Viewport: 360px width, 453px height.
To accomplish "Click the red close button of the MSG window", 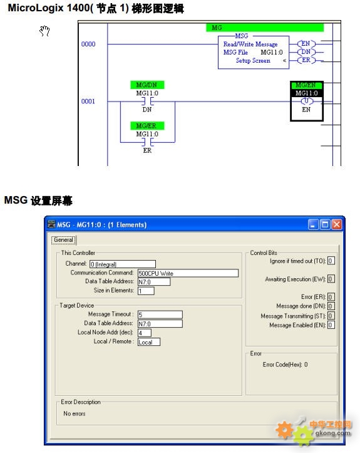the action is point(337,224).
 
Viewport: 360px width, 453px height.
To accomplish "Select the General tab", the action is point(63,240).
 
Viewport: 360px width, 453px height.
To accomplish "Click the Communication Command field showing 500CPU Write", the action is point(188,273).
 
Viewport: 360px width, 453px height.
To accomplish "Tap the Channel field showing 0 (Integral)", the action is point(123,264).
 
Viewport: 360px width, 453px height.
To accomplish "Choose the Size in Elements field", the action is point(146,291).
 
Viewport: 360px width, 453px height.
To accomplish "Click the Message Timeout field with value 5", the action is point(160,315).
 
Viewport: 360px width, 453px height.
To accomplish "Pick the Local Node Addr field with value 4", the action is point(145,333).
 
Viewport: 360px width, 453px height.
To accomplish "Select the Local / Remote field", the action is point(148,342).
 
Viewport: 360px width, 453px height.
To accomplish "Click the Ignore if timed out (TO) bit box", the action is point(331,261).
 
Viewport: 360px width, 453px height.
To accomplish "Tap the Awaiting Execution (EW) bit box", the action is point(331,279).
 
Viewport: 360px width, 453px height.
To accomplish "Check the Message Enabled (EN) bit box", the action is point(331,325).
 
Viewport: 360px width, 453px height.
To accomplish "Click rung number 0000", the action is point(88,44).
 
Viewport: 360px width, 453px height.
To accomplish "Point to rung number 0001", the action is point(88,101).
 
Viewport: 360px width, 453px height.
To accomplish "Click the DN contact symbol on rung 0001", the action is point(148,102).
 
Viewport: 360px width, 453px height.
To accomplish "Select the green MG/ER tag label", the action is point(147,126).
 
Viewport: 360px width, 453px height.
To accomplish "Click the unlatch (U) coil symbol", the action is point(306,101).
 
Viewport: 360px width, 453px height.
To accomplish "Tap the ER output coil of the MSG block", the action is point(306,60).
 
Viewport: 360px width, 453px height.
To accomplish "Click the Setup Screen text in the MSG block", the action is point(253,61).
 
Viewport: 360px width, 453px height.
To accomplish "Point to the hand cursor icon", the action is point(44,31).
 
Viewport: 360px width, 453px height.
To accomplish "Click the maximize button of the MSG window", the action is point(325,224).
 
